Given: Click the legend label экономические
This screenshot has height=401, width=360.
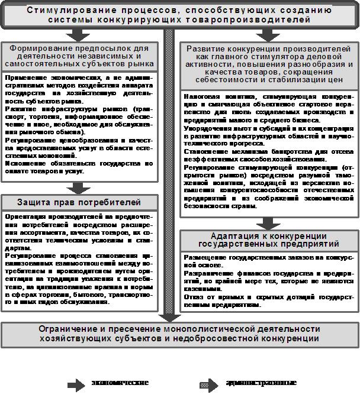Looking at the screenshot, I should (120, 383).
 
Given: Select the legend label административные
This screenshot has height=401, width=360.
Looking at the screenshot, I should (261, 383).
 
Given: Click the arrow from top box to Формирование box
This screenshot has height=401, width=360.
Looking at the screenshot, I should (78, 34).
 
